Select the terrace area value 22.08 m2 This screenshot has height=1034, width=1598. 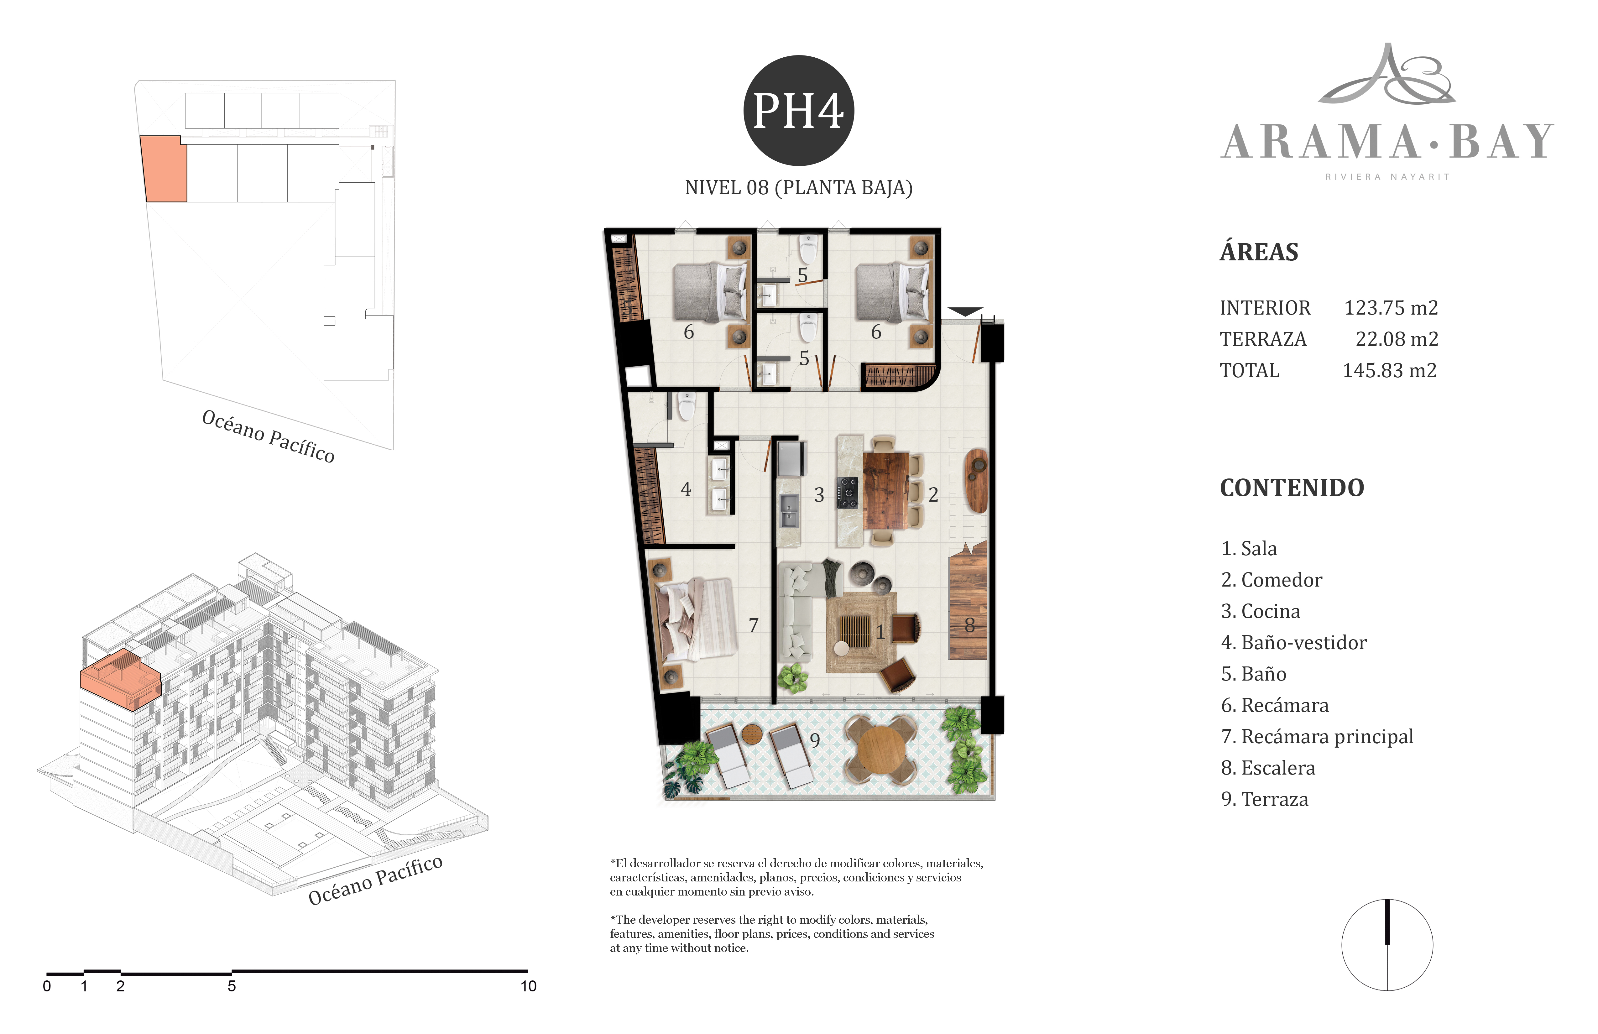(x=1397, y=339)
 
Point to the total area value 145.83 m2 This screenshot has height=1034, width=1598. (x=1389, y=371)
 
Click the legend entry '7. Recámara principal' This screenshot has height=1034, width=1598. (x=1317, y=737)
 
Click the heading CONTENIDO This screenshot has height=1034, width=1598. (x=1292, y=488)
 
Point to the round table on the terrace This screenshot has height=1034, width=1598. (x=881, y=749)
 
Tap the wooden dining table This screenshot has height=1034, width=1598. (x=885, y=491)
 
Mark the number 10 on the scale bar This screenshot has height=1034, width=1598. (x=528, y=986)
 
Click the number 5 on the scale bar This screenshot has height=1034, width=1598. (x=232, y=986)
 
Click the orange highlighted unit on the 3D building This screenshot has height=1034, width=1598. (x=121, y=679)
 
